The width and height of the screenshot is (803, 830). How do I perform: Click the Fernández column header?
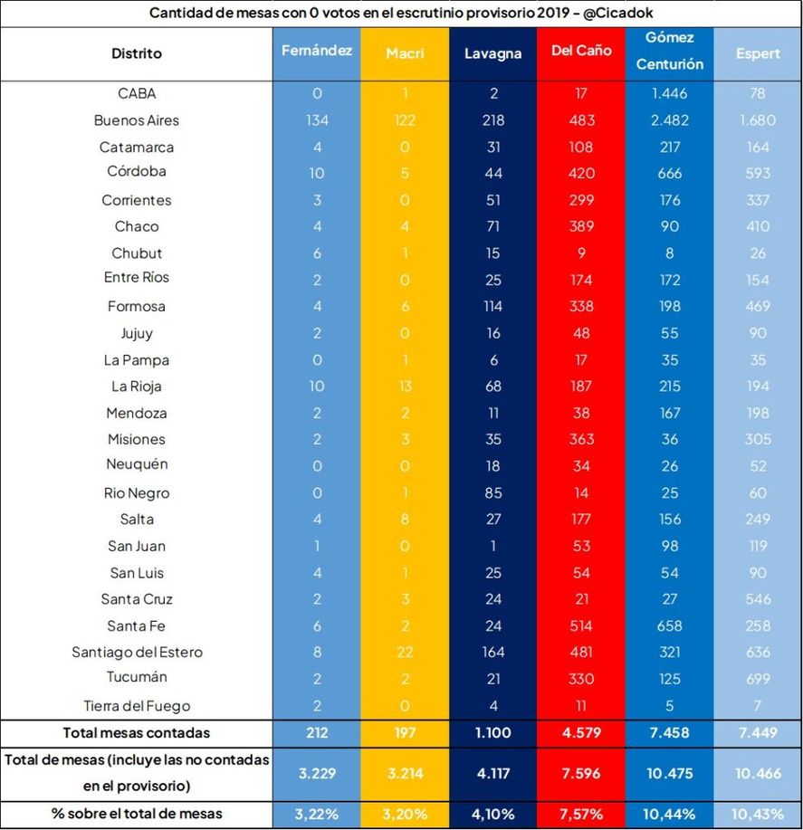click(x=317, y=51)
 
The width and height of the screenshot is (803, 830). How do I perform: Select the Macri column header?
click(x=405, y=53)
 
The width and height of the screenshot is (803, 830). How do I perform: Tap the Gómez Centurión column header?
click(x=669, y=51)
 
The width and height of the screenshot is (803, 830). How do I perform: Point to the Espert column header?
click(x=758, y=53)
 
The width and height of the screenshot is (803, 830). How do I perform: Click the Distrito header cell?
click(x=137, y=53)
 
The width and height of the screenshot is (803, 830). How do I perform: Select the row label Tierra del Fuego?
click(x=137, y=705)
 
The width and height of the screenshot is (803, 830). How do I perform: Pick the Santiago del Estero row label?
click(x=137, y=652)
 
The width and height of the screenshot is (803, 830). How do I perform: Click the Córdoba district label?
click(x=137, y=171)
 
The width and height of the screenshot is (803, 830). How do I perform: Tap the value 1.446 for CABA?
click(x=669, y=93)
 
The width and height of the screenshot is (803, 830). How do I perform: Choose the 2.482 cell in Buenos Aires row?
click(x=669, y=120)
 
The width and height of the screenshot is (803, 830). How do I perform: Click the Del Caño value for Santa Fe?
click(x=581, y=625)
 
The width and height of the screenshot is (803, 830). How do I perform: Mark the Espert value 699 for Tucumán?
click(x=758, y=677)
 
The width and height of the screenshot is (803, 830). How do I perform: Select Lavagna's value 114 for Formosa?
click(x=492, y=306)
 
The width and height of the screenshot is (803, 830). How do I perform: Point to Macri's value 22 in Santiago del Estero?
click(x=405, y=652)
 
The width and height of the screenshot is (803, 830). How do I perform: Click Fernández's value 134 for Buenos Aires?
click(x=317, y=120)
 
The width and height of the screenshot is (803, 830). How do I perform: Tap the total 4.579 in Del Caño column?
click(x=581, y=732)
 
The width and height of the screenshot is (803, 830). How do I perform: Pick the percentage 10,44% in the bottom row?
click(x=669, y=815)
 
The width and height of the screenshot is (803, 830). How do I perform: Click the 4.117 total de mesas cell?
click(x=492, y=773)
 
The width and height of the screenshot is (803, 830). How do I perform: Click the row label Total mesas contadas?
click(x=137, y=732)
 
